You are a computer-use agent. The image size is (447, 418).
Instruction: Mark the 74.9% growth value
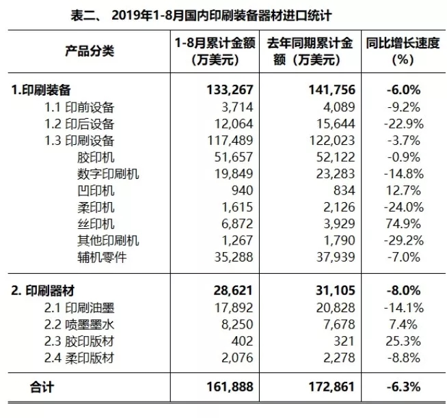pos(407,223)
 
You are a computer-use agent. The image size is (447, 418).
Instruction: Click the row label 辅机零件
pos(103,257)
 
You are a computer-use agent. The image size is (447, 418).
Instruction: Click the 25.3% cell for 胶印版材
pos(407,341)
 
